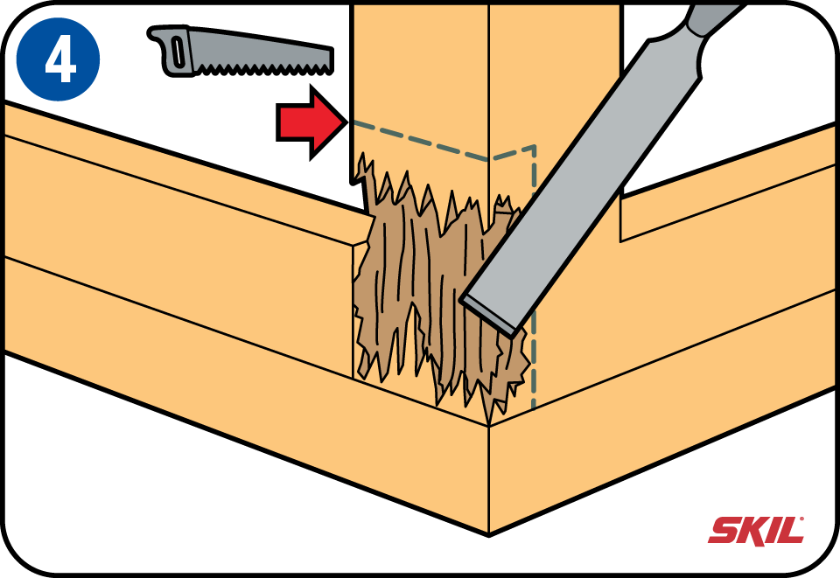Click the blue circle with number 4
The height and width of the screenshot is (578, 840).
coord(58,59)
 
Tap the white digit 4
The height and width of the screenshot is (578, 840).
coord(60,60)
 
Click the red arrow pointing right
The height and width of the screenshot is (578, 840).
coord(311,122)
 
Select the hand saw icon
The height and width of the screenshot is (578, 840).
coord(240,52)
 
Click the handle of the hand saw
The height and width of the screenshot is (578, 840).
coord(171,52)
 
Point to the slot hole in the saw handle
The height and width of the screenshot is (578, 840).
coord(178,52)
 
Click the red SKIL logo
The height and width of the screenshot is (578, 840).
coord(756,530)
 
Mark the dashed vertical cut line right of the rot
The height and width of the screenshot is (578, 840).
coord(534,278)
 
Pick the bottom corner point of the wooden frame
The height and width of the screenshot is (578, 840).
coord(489,533)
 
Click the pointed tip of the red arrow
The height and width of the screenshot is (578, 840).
coord(346,122)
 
